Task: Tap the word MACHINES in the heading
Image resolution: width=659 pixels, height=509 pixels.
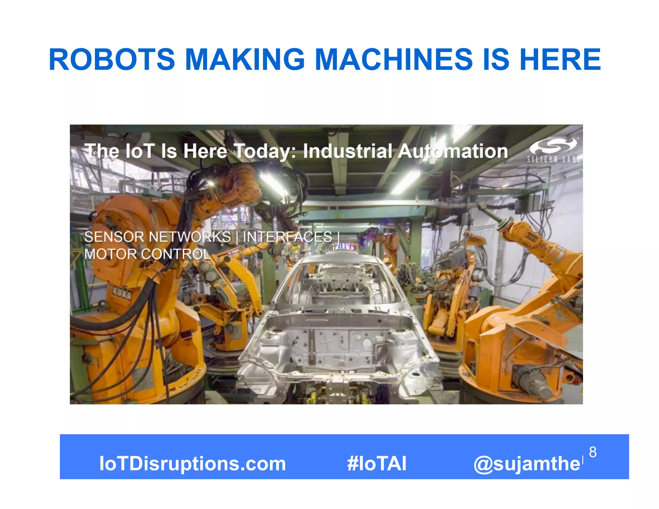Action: tap(393, 60)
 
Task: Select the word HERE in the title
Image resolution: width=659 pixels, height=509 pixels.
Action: tap(560, 60)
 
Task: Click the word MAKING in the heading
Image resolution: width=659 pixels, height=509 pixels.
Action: tap(245, 60)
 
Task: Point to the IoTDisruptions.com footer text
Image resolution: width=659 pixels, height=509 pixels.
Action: tap(192, 464)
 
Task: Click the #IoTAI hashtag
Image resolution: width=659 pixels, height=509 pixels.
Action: tap(376, 464)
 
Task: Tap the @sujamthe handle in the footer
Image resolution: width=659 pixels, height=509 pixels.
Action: tap(527, 464)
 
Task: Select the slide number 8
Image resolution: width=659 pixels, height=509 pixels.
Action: tap(593, 452)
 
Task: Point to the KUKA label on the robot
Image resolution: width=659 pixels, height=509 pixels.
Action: tap(122, 293)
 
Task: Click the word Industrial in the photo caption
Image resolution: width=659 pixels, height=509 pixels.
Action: tap(348, 151)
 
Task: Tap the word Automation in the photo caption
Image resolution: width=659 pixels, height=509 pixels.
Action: tap(453, 151)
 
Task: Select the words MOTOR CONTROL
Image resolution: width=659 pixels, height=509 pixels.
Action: tap(147, 254)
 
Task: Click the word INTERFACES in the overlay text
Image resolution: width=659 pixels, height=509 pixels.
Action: tap(287, 237)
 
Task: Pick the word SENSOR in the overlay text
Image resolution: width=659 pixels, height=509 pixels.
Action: tap(114, 237)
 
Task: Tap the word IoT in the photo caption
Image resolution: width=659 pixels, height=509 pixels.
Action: tap(140, 151)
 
